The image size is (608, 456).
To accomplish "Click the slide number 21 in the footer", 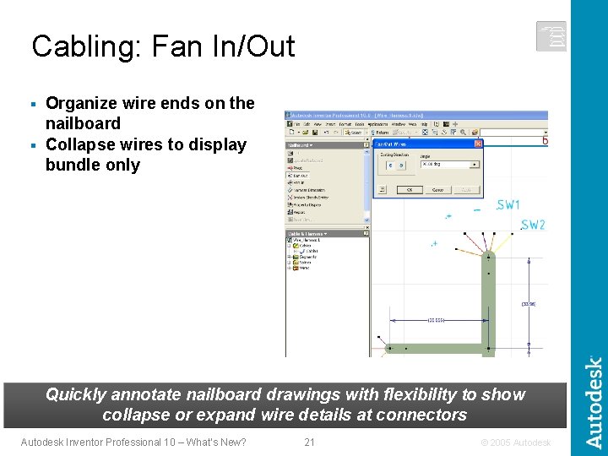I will (x=309, y=442).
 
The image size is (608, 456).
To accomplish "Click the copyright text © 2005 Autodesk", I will (x=515, y=442).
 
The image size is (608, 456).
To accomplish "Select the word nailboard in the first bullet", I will (x=83, y=123).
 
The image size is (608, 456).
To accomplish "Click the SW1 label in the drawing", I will (x=509, y=205).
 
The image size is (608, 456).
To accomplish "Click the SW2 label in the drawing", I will (x=533, y=225).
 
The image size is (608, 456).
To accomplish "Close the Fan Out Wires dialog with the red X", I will (x=478, y=144).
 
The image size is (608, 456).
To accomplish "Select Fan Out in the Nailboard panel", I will (x=301, y=176).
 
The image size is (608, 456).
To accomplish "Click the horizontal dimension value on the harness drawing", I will (x=437, y=321).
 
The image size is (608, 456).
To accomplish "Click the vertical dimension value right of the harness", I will (x=529, y=303).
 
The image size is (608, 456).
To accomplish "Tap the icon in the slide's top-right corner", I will (x=551, y=36).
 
